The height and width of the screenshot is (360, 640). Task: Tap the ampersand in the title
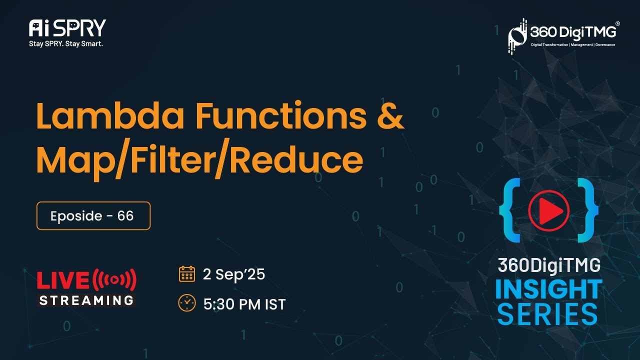[x=388, y=116]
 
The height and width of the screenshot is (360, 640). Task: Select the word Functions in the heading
[x=281, y=116]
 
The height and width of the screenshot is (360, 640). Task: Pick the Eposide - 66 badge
[x=93, y=216]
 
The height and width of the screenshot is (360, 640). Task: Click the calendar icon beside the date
[x=187, y=274]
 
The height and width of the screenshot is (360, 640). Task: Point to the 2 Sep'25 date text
[x=233, y=274]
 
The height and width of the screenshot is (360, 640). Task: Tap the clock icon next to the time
[x=187, y=303]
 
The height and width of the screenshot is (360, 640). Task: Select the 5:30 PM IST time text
[x=244, y=304]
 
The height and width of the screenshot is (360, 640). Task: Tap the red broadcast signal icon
[x=114, y=280]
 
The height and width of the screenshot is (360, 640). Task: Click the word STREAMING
[x=86, y=300]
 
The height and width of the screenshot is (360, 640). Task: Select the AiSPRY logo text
[x=67, y=28]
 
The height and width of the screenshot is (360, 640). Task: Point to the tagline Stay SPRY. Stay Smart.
[x=66, y=43]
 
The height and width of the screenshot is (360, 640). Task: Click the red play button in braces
[x=548, y=210]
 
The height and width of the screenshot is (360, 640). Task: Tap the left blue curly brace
[x=510, y=210]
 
